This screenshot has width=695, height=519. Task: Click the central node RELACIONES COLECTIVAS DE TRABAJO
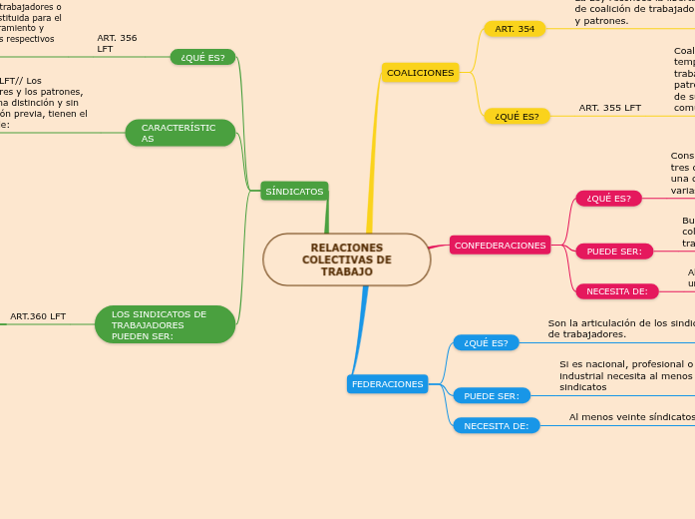point(347,259)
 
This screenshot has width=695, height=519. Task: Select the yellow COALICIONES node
point(420,73)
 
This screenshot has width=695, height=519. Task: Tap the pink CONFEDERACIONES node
point(500,246)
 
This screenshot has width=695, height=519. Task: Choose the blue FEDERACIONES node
point(387,384)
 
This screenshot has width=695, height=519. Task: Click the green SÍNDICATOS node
point(294,191)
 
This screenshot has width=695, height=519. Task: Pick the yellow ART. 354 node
point(515,29)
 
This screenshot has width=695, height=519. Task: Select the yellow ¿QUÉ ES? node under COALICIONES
point(515,117)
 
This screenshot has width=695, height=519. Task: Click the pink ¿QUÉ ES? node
point(608,199)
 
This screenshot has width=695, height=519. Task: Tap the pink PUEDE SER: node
point(614,252)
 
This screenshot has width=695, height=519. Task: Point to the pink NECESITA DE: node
point(616,291)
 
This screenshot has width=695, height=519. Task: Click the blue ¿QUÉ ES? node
point(486,343)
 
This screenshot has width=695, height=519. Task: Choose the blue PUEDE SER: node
point(492,396)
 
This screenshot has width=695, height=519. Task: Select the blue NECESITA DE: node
point(496,426)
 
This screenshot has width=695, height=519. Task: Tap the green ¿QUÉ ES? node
point(202,57)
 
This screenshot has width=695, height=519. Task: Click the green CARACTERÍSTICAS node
point(179,133)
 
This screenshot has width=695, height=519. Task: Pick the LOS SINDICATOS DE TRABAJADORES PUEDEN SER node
point(166,324)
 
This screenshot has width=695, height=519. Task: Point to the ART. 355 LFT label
point(609,108)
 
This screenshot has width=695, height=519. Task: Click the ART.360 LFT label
point(38,316)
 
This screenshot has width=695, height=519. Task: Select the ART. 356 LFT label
point(117,43)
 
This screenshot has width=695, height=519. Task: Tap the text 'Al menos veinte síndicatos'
point(631,417)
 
